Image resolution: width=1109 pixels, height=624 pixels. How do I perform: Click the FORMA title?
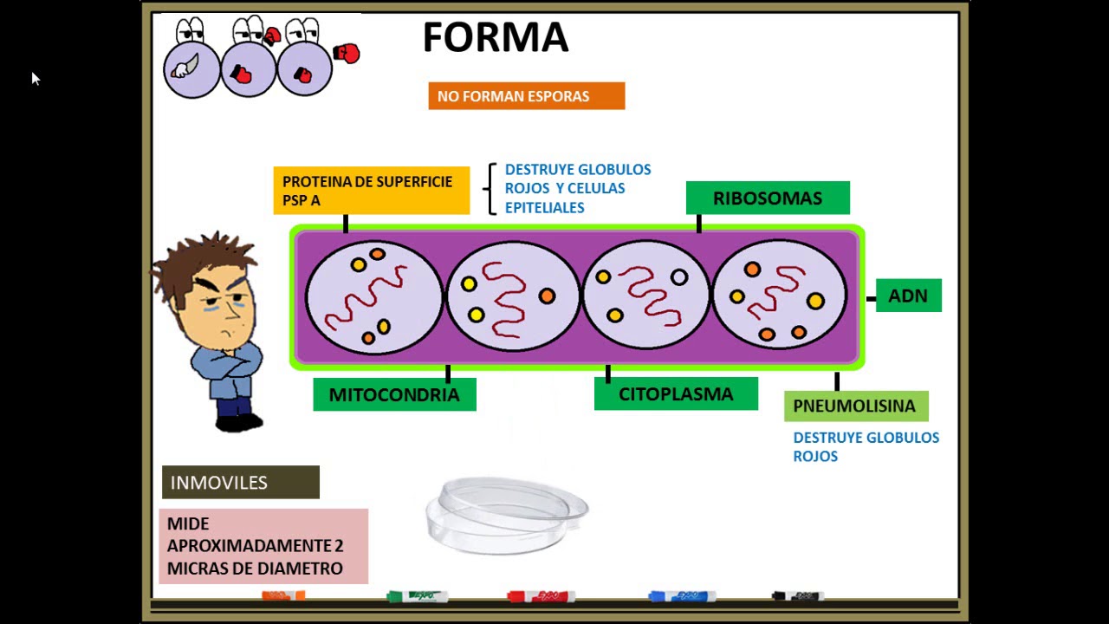click(495, 38)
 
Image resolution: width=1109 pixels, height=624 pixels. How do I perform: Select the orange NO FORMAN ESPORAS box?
click(526, 96)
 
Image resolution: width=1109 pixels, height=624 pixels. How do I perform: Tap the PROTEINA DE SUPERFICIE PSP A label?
click(371, 191)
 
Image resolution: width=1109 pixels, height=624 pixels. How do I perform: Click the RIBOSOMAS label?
click(767, 198)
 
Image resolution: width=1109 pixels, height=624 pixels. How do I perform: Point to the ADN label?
click(908, 296)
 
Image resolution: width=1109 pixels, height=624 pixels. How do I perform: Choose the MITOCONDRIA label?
click(394, 394)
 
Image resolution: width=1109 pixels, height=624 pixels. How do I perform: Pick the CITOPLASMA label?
click(676, 393)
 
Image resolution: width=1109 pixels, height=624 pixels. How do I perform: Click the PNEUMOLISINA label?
click(855, 406)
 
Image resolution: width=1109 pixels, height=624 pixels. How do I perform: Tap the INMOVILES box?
click(240, 483)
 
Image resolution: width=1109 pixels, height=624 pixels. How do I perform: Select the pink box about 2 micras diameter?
click(263, 546)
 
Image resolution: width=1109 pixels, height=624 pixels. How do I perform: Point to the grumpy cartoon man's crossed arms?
click(227, 361)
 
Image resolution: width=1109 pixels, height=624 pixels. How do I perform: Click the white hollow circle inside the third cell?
click(679, 277)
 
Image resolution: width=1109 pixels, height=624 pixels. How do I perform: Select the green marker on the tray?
click(417, 596)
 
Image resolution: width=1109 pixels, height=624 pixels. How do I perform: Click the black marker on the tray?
click(797, 596)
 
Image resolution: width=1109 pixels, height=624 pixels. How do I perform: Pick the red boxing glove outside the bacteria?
click(347, 54)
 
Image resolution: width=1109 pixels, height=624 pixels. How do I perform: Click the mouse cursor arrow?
click(35, 78)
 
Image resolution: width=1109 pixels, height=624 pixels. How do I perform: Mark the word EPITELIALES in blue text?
click(544, 208)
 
